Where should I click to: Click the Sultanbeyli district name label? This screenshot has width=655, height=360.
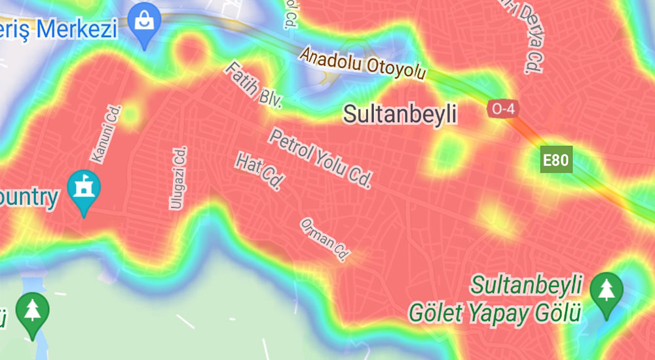[x=400, y=114]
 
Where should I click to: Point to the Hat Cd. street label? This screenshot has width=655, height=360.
[x=258, y=171]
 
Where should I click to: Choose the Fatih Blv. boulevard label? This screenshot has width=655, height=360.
[x=253, y=85]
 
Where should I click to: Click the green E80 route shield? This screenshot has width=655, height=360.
[x=556, y=159]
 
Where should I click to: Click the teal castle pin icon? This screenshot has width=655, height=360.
[x=84, y=190]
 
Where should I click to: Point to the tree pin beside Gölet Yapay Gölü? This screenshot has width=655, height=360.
[x=606, y=293]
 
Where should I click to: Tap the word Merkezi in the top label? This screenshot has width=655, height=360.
[x=78, y=29]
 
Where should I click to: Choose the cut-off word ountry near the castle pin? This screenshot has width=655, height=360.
[x=29, y=197]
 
